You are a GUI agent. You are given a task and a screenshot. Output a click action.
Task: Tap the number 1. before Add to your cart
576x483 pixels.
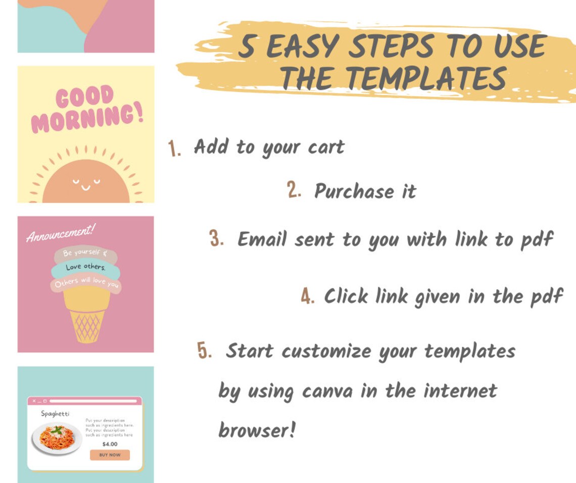[175, 149]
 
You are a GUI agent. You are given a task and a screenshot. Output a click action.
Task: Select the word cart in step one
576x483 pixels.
[326, 147]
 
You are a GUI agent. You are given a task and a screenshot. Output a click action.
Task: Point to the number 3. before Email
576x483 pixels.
[217, 238]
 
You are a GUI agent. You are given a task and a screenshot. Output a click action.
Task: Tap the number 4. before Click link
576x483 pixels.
[308, 296]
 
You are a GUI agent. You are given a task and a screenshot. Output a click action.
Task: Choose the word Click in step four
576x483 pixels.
[347, 296]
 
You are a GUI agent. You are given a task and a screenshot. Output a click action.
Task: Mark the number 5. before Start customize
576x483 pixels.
[205, 351]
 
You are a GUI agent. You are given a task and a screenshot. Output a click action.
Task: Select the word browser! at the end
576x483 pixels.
[256, 431]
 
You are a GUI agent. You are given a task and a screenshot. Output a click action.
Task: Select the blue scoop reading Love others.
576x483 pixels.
[85, 267]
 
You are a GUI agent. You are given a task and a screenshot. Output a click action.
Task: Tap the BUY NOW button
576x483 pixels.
[110, 455]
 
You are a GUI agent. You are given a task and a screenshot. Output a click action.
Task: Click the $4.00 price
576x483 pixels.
[110, 444]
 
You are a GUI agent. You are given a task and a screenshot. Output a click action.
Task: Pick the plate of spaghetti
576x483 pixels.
[57, 438]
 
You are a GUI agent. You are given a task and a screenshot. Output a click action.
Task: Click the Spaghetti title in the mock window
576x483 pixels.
[55, 414]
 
